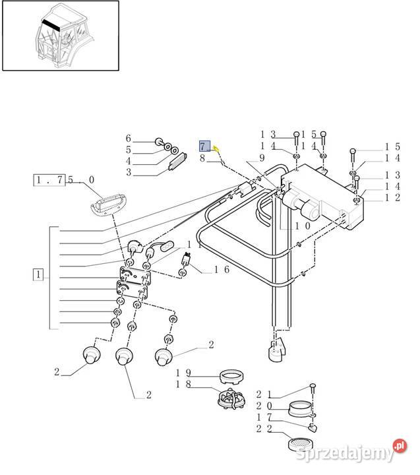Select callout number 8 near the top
[x=204, y=158]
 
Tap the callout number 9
[x=261, y=158]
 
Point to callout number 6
[x=129, y=139]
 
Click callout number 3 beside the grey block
[x=129, y=172]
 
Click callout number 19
[x=183, y=373]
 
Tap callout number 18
[x=183, y=384]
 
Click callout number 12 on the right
[x=392, y=198]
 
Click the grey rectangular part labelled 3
[x=177, y=163]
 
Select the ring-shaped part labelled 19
[x=231, y=377]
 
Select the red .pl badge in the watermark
[x=399, y=447]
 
